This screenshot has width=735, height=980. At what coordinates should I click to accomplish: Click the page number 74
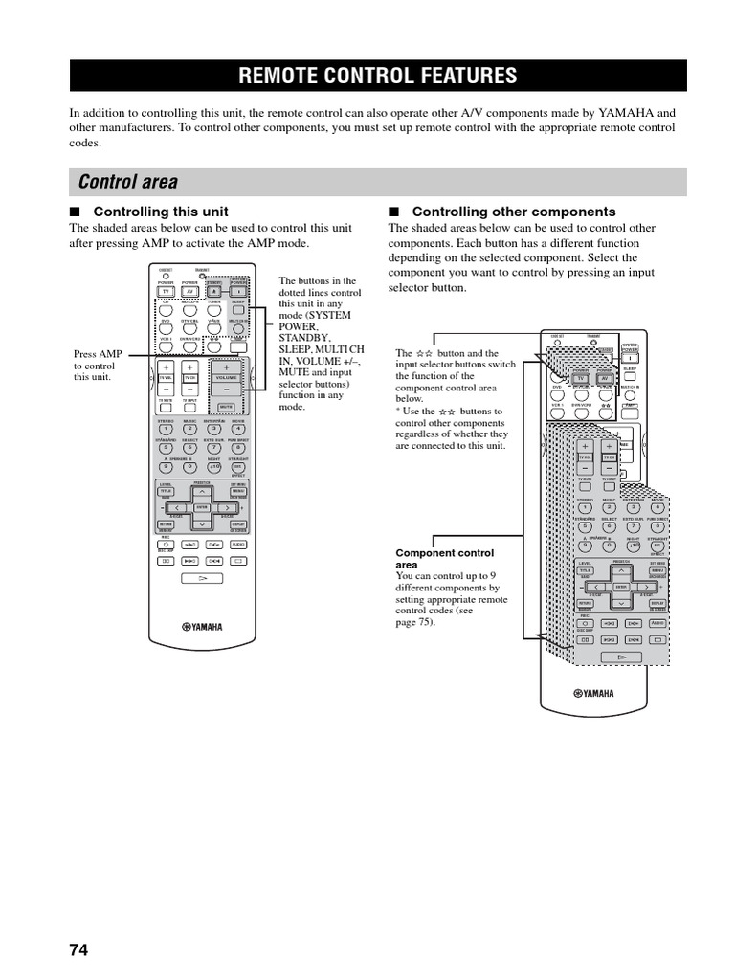pos(78,949)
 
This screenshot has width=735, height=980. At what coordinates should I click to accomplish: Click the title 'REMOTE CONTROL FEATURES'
pos(377,76)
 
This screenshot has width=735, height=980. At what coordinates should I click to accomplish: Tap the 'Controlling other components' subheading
pos(513,212)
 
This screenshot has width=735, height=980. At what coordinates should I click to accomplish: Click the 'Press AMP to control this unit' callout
pos(98,366)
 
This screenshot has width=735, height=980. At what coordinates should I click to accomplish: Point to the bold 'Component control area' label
pos(445,559)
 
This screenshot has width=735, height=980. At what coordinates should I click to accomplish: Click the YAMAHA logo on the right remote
pos(593,694)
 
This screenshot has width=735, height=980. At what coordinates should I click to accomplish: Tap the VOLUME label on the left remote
pos(226,378)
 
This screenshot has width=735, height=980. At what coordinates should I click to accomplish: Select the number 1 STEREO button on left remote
pos(166,429)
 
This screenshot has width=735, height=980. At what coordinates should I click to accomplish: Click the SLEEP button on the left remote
pos(238,310)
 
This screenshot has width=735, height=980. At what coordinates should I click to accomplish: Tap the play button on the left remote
pos(202,579)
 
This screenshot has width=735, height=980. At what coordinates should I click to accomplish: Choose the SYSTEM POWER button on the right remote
pos(631,358)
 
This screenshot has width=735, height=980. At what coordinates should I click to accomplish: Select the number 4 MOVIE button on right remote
pos(657,507)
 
